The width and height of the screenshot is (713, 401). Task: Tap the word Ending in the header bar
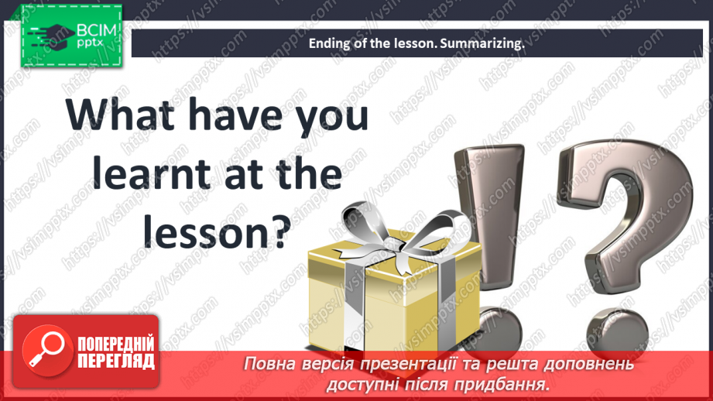click(x=327, y=43)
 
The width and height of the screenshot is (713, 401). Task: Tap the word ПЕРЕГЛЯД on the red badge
click(x=115, y=361)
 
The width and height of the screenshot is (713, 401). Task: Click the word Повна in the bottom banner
click(x=267, y=365)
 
